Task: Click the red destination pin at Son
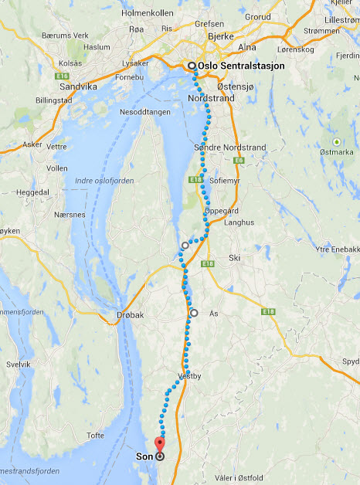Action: click(160, 445)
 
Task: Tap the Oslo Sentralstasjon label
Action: click(241, 66)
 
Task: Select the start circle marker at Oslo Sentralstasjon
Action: click(192, 66)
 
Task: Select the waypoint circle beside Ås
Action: click(194, 313)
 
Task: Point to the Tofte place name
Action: click(96, 436)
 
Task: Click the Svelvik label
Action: click(18, 364)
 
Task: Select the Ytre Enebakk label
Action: click(338, 249)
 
